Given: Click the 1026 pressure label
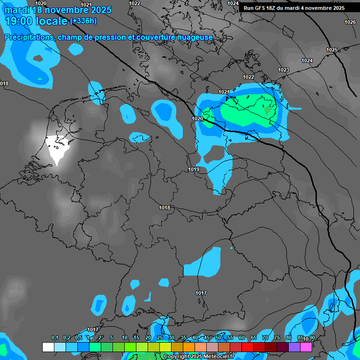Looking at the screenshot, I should [350, 22].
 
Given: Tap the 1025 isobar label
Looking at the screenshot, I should [332, 50].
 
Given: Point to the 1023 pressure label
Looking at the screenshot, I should [284, 70].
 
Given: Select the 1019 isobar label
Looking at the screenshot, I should [194, 169].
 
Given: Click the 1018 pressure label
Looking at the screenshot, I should [165, 208].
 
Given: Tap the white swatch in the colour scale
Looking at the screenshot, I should [48, 347].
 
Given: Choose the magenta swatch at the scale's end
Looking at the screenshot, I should [306, 347].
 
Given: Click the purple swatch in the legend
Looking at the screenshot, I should [294, 347].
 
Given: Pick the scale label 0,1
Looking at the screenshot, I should [55, 338].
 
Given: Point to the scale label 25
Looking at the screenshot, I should [160, 338].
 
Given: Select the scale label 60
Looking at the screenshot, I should [242, 338].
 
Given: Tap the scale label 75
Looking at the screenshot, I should [277, 338].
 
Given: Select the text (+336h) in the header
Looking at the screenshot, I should [83, 21].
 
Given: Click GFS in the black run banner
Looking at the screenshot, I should [262, 8].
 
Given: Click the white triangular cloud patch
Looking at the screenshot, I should [58, 147].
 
